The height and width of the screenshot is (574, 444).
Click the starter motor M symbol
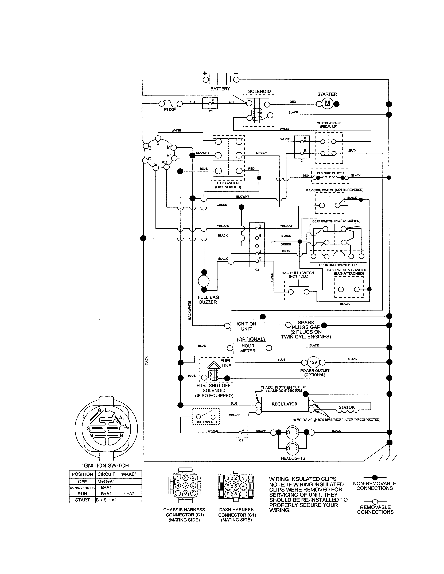click(327, 103)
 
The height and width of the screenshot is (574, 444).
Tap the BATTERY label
click(220, 89)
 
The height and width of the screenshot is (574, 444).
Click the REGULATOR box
click(284, 404)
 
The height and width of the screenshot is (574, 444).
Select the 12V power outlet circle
click(313, 362)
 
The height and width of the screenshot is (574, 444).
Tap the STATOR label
click(346, 407)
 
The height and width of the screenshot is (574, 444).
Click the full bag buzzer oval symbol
click(204, 281)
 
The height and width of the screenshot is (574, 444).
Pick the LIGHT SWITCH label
click(206, 422)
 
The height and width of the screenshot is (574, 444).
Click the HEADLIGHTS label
click(293, 458)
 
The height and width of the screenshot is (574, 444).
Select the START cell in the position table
click(82, 500)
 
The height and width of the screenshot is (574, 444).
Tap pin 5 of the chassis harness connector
click(185, 485)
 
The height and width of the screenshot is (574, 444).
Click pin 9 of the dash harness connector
click(228, 494)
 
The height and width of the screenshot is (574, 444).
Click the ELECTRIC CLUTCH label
click(330, 173)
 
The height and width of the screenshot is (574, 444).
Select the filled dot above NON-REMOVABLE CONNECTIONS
click(375, 477)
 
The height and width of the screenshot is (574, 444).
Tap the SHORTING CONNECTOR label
click(338, 265)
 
